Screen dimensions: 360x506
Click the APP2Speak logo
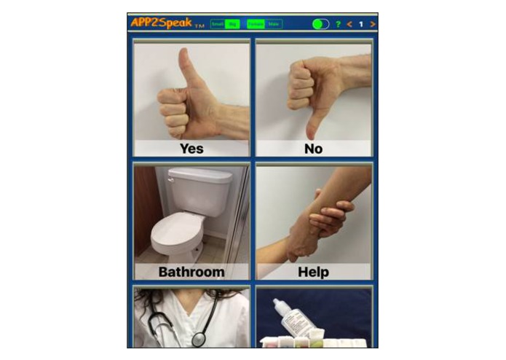pos(160,23)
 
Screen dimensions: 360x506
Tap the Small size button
pos(217,24)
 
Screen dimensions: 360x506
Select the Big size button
pos(233,24)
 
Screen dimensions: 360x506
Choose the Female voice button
pos(256,24)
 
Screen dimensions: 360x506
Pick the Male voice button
pos(274,24)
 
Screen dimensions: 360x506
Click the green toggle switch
pos(320,24)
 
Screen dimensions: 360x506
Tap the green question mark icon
pos(338,24)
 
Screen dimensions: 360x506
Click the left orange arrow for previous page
pos(349,24)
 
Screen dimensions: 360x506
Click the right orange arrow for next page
pos(373,24)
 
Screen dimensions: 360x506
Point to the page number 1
pos(361,24)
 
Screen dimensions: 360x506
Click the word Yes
pos(191,149)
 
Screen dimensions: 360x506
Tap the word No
pos(314,149)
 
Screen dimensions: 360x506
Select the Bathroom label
pos(191,273)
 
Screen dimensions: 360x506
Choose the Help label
pos(314,273)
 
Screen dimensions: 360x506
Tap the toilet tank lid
pos(200,176)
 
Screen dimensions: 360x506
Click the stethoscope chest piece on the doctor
pos(198,338)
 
